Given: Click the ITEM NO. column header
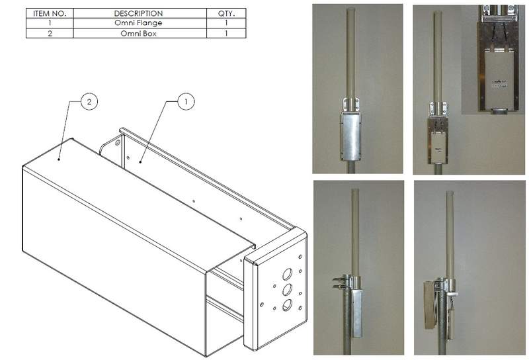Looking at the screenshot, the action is click(50, 13).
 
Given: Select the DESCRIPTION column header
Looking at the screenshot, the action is click(139, 13).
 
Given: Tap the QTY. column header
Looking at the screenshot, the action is click(226, 13).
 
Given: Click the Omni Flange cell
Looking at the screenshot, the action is click(139, 23).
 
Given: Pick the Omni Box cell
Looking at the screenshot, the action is click(139, 34).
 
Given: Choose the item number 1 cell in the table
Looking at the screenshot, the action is click(50, 23).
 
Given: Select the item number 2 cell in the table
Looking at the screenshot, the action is click(50, 34).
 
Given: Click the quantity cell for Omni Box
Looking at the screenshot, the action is click(226, 34).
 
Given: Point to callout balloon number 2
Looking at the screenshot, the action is click(89, 102).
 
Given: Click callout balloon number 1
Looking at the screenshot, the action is click(186, 101).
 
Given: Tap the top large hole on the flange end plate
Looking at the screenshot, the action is click(288, 274).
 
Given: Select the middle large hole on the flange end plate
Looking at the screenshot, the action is click(288, 290).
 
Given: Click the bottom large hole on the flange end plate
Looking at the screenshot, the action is click(288, 305).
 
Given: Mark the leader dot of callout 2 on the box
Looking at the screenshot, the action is click(59, 159).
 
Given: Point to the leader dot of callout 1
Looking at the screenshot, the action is click(140, 162).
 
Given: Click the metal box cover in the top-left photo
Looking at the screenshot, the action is click(350, 136).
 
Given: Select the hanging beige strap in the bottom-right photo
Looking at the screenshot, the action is click(430, 304).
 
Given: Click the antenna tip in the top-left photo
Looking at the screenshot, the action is click(351, 9).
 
